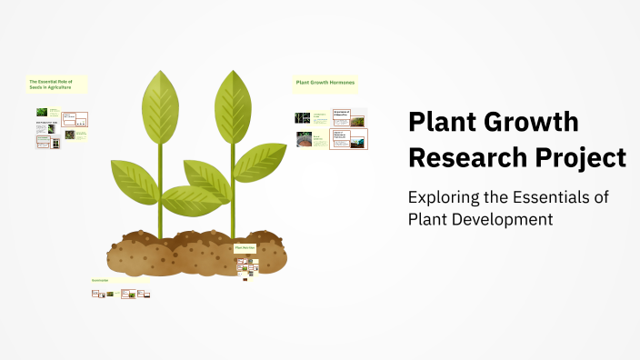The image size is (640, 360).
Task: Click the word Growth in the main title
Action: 526,122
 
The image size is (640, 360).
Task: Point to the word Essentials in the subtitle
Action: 562,197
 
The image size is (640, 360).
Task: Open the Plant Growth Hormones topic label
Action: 325,83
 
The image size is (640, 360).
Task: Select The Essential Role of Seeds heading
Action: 56,83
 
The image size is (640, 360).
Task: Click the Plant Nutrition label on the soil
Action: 245,247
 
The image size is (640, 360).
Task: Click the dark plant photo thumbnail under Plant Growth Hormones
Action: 303,117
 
